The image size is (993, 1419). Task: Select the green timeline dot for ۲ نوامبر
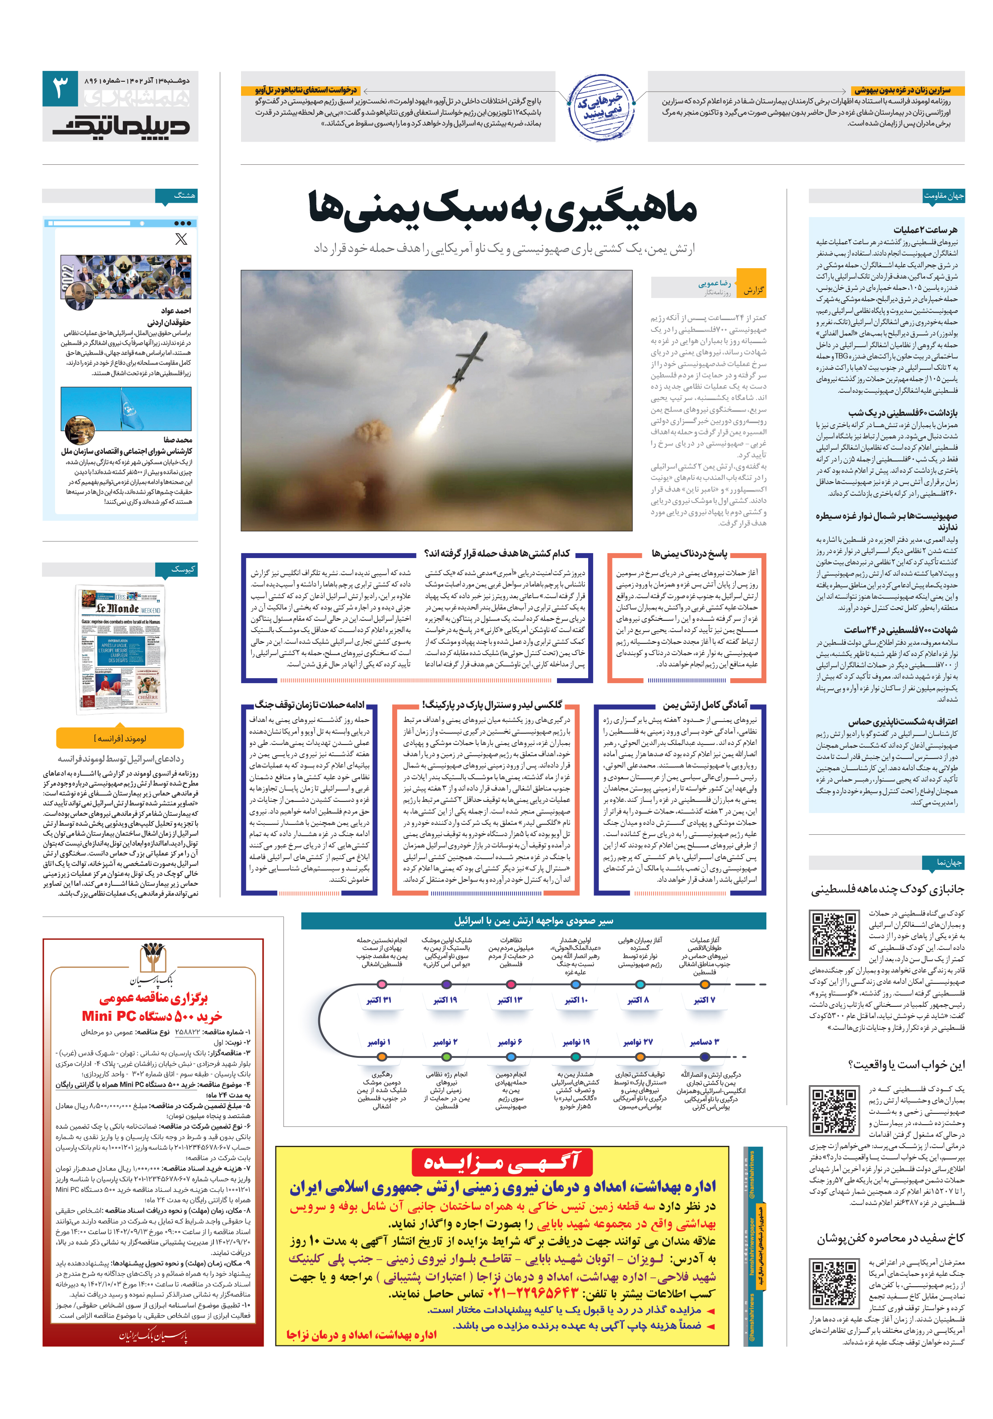tap(445, 1057)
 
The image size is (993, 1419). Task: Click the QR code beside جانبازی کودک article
tap(834, 934)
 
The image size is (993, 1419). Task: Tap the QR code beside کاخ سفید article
tap(834, 1283)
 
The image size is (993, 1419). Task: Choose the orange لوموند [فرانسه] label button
tap(120, 738)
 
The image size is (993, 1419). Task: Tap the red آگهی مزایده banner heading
tap(502, 1162)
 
